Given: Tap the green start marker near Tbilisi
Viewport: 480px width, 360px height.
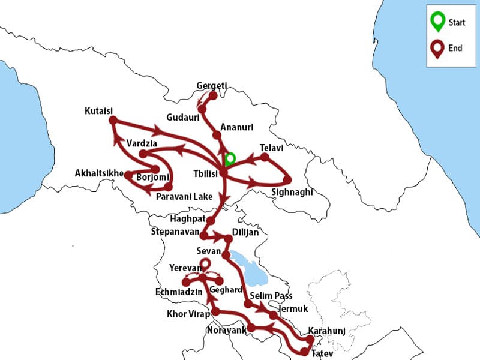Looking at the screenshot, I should [229, 159].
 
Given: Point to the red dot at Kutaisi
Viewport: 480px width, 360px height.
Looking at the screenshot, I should [113, 120].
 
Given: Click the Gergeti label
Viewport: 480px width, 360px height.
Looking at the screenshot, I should [212, 86].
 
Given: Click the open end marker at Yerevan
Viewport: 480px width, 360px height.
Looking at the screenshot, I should [205, 263].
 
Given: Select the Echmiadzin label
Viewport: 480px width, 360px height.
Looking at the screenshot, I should [175, 293].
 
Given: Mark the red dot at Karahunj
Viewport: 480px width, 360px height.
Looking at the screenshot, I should [310, 340].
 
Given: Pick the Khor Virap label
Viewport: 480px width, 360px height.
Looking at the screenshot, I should [188, 314].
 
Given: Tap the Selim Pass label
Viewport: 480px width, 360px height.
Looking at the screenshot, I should [267, 296].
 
